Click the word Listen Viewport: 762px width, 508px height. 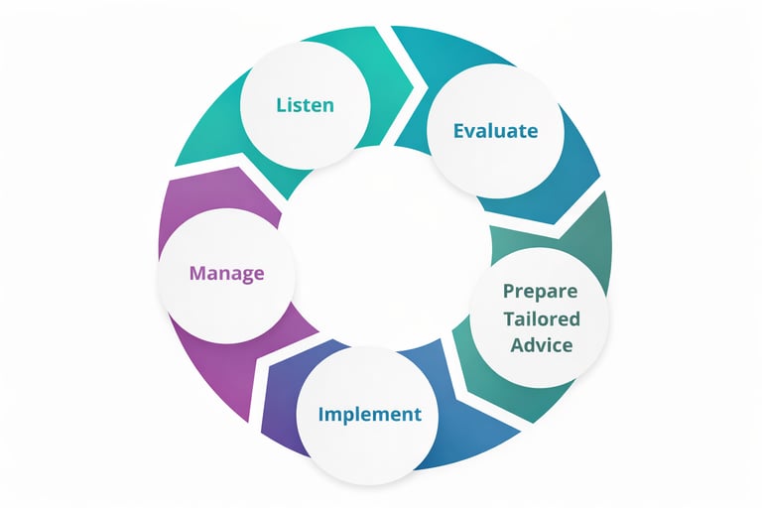tap(306, 104)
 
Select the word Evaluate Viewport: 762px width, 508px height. tap(495, 130)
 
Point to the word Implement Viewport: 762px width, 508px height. tap(369, 414)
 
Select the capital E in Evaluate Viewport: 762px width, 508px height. tap(459, 130)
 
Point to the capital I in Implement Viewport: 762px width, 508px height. tap(321, 414)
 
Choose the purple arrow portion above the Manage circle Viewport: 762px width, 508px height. tap(203, 193)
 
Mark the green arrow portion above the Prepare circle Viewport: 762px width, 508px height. tap(585, 238)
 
